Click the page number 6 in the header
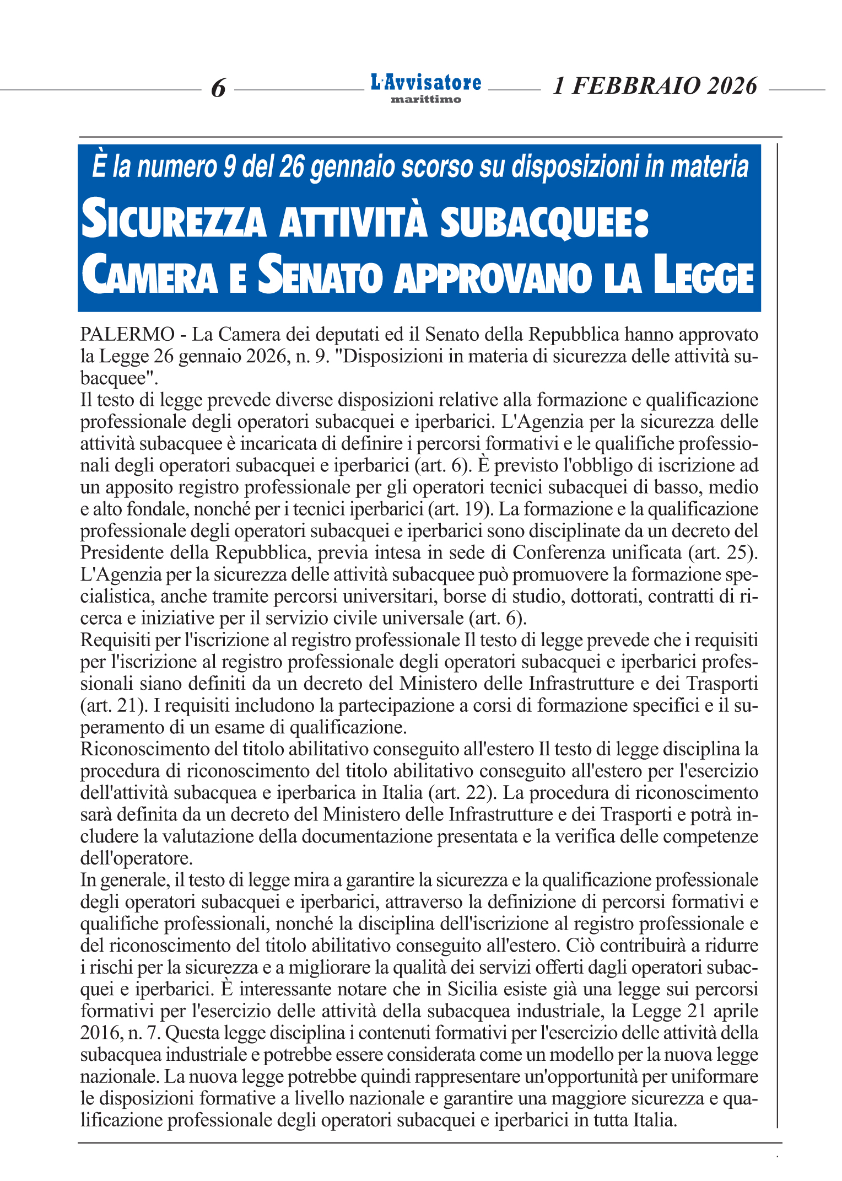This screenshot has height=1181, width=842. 219,88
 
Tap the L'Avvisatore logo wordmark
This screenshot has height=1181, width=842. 425,83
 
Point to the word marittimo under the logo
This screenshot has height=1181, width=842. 425,100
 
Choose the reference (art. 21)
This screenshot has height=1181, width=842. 115,705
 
